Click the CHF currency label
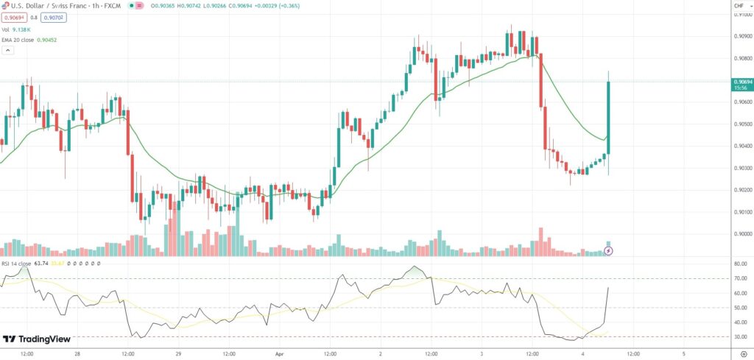pos(739,5)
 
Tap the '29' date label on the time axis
pos(177,353)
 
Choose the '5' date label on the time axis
pos(683,353)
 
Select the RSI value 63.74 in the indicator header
pos(40,263)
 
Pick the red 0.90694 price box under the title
pos(15,17)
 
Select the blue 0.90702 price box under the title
pos(54,17)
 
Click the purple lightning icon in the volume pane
pos(608,251)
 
